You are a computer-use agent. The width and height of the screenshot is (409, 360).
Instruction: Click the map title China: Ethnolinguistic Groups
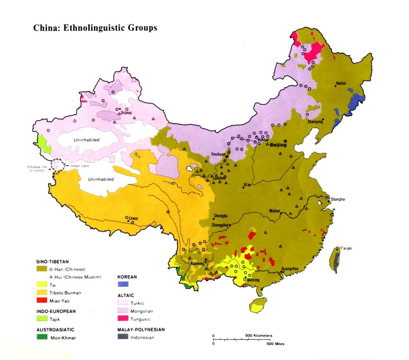coord(95,28)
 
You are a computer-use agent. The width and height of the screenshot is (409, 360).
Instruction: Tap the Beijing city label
coord(278,145)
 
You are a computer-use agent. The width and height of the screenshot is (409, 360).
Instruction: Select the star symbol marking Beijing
coord(285,141)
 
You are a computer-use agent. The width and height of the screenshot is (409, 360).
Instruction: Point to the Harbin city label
coord(341,83)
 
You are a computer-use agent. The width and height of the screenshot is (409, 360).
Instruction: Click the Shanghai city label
coord(338,199)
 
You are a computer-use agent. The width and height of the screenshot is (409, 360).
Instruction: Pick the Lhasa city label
coord(133,218)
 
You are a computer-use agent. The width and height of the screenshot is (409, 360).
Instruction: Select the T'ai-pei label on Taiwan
coord(346,248)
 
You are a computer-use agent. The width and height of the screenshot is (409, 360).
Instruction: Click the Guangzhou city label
coord(290,269)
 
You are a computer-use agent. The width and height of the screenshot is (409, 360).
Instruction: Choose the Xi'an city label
coord(247,185)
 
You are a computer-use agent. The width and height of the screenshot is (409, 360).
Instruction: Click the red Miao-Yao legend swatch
coord(42,300)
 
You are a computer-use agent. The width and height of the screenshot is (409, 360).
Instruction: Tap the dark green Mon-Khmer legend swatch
coord(42,337)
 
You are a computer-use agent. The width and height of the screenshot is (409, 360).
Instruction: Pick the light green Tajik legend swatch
coord(42,318)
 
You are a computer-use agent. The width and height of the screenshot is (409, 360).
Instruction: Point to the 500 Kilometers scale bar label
coord(258,335)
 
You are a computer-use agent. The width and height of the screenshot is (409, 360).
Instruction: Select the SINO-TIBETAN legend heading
coord(52,262)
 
